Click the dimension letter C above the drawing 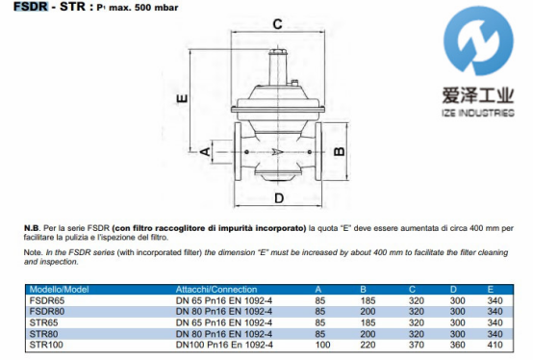click(277, 24)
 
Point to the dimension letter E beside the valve click(182, 98)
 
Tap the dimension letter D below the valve click(279, 198)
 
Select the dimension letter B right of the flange click(340, 151)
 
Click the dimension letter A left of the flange click(205, 151)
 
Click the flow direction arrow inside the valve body click(278, 152)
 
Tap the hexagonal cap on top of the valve click(278, 52)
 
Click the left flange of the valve click(238, 151)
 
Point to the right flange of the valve click(318, 151)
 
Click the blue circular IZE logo click(478, 40)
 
